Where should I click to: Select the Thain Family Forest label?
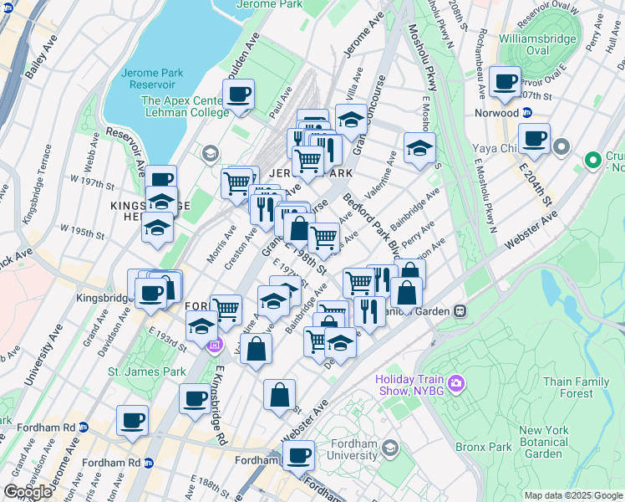[576, 387]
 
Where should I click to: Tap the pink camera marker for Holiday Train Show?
[456, 384]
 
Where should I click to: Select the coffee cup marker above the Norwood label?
[506, 82]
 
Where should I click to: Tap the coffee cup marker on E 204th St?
[533, 138]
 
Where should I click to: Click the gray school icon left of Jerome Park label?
[209, 152]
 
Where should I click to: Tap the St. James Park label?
[146, 371]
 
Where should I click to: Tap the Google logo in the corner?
[28, 491]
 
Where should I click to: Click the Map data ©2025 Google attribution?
[572, 495]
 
